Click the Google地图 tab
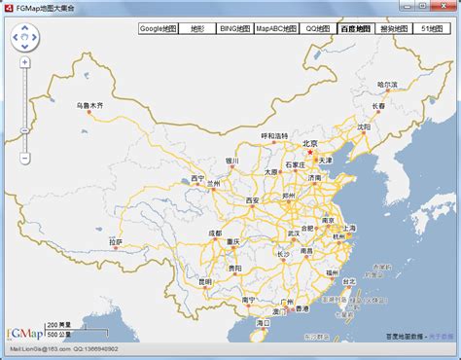point(158,29)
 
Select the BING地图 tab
point(233,29)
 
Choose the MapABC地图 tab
point(276,29)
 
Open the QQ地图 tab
point(317,29)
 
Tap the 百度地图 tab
point(355,29)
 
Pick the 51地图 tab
point(435,29)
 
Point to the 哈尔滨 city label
point(388,85)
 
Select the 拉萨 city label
point(117,242)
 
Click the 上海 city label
point(348,228)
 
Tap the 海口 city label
point(263,322)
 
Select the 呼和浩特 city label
point(275,135)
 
